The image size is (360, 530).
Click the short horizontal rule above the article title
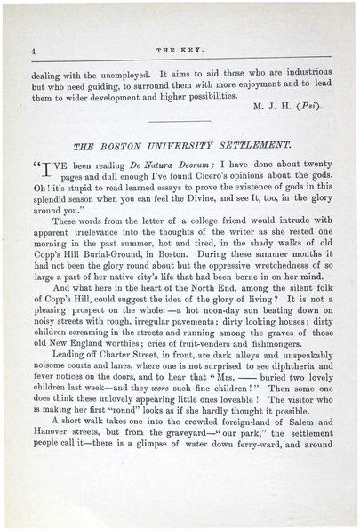180,120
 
